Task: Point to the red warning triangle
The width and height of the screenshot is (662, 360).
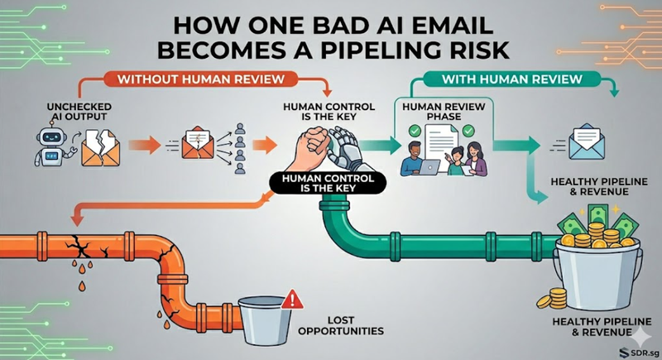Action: (289, 301)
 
